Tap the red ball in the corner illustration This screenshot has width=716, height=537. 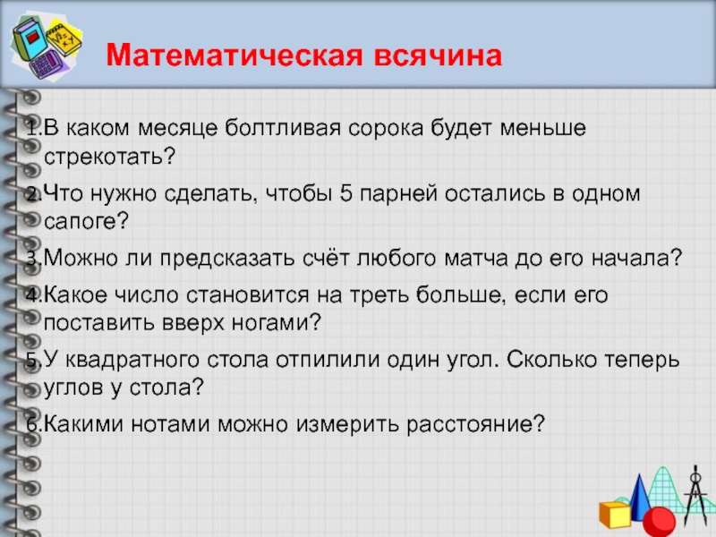[660, 519]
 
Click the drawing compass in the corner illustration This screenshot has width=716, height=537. [695, 492]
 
